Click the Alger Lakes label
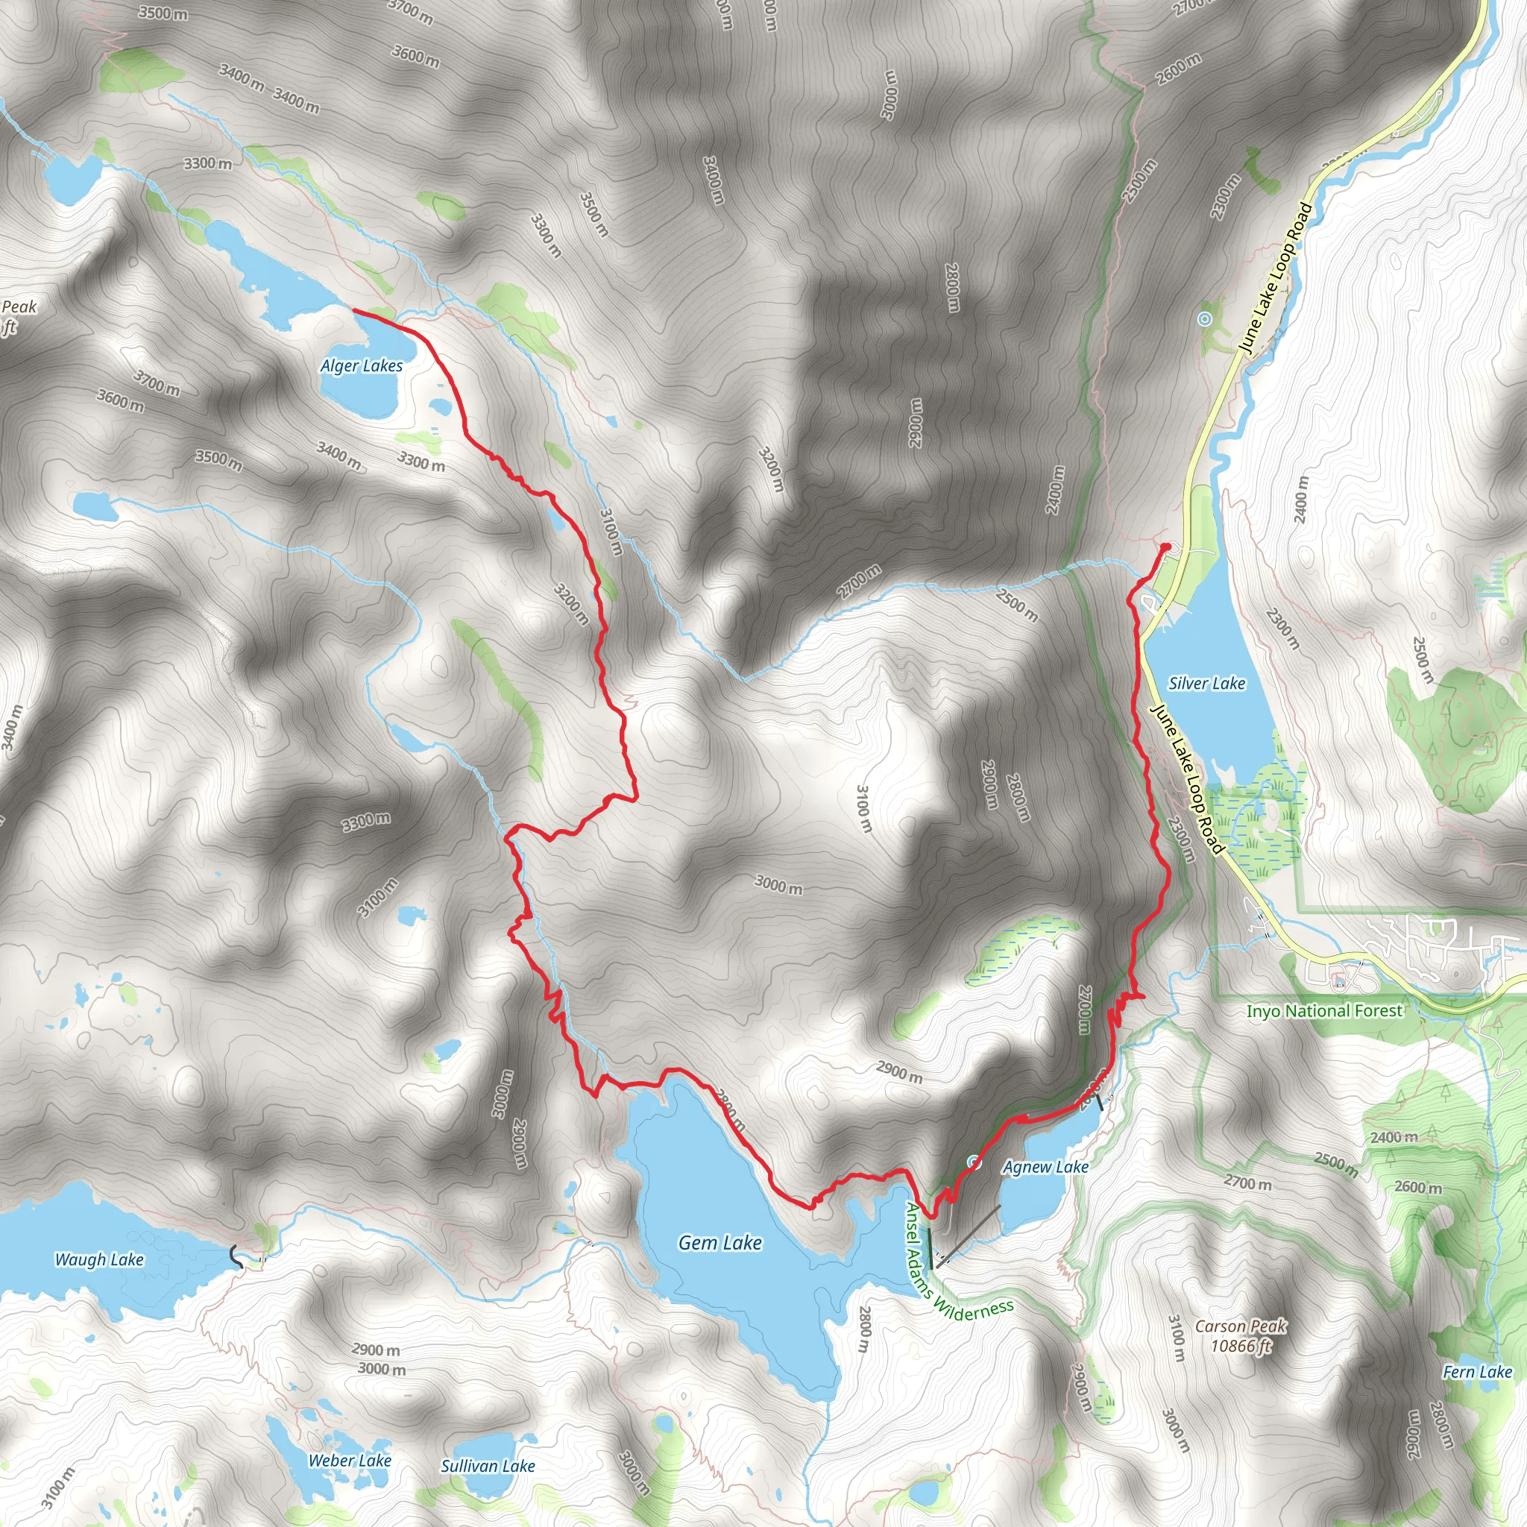pos(361,366)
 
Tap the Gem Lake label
pos(720,1243)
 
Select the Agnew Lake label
pos(1045,1167)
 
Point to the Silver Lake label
pos(1206,684)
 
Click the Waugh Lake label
pos(99,1260)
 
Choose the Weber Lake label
pos(350,1461)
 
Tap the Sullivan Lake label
pos(488,1466)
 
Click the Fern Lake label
pos(1477,1372)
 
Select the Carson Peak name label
pos(1240,1326)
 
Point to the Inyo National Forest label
pos(1324,1011)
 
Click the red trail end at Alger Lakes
pos(354,311)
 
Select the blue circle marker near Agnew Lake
pos(974,1162)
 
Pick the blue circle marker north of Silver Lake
pos(1203,319)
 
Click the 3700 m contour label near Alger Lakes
pos(157,383)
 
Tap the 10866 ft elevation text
pos(1240,1345)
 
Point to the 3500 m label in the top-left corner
pos(163,12)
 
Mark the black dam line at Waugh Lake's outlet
pos(236,1256)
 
